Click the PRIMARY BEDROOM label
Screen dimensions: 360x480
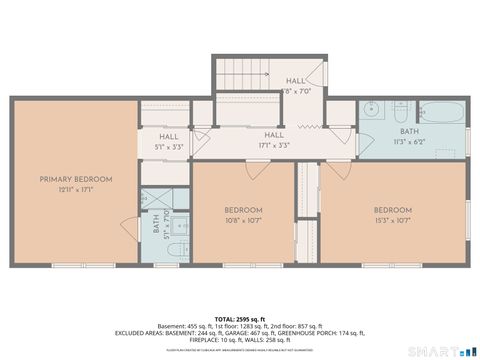76,179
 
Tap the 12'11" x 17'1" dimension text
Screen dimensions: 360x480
76,189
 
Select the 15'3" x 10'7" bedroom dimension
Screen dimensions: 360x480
393,220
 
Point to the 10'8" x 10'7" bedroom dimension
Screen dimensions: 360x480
243,220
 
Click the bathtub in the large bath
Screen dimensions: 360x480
440,112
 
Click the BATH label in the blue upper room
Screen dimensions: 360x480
409,131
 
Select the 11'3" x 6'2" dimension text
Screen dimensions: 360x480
409,141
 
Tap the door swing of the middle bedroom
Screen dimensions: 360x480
257,170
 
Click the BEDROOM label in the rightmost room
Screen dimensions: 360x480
393,209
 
